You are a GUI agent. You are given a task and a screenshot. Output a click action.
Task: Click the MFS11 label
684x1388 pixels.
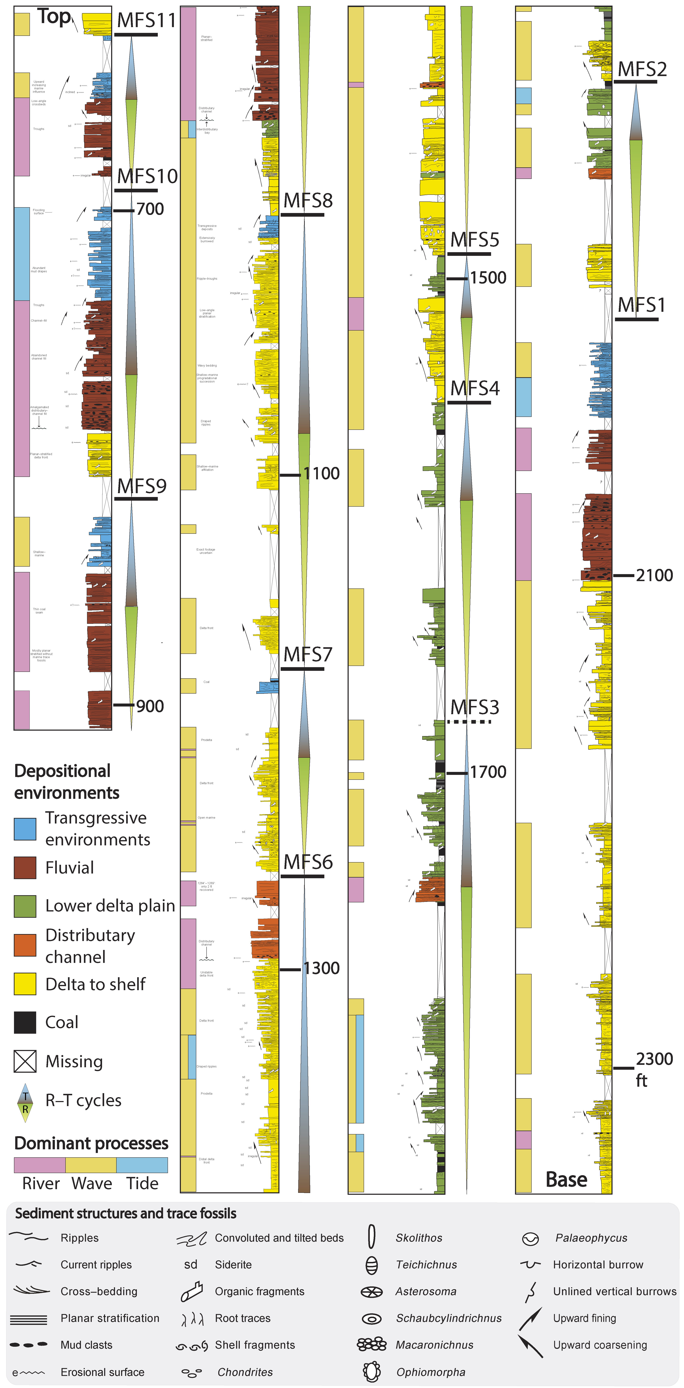pyautogui.click(x=146, y=20)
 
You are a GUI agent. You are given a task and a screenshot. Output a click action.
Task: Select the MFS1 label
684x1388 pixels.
pyautogui.click(x=642, y=305)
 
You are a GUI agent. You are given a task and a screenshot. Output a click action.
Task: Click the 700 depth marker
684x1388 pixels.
pyautogui.click(x=150, y=209)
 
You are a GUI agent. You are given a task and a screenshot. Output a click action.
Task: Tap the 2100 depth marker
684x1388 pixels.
pyautogui.click(x=654, y=576)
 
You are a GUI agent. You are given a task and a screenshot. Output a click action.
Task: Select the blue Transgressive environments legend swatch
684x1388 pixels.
pyautogui.click(x=25, y=829)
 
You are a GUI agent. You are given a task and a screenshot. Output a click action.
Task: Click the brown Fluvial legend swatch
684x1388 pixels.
pyautogui.click(x=25, y=868)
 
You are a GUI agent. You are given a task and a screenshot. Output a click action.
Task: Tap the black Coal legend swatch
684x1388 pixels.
pyautogui.click(x=25, y=1022)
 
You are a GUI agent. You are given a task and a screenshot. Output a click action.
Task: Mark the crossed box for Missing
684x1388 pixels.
pyautogui.click(x=25, y=1061)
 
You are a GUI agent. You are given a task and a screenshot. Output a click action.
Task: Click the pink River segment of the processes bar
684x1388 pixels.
pyautogui.click(x=39, y=1165)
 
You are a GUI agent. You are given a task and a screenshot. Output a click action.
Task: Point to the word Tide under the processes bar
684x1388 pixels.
pyautogui.click(x=142, y=1183)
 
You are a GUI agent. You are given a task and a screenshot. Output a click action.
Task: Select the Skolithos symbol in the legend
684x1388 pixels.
pyautogui.click(x=371, y=1237)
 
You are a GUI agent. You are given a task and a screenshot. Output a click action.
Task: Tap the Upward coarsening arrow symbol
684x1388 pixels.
pyautogui.click(x=531, y=1345)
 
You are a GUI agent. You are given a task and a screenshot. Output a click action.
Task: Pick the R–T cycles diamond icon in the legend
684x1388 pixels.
pyautogui.click(x=25, y=1100)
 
